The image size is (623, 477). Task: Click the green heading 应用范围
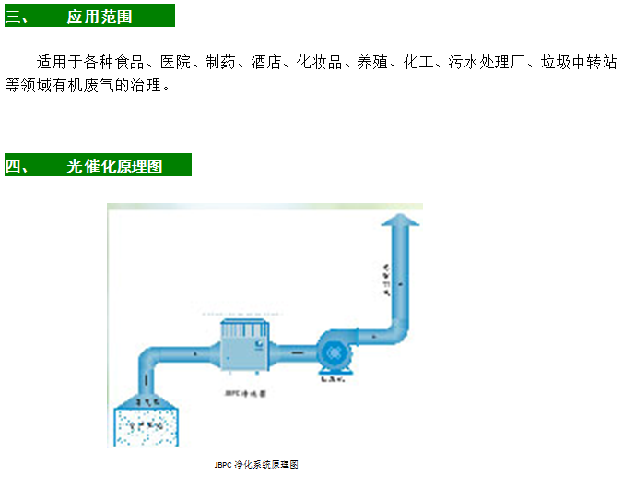[100, 17]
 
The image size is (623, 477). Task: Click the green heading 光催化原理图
[114, 166]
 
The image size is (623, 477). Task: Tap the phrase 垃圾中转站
[578, 63]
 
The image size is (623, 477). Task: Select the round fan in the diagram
[335, 352]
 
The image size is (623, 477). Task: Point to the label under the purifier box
[245, 393]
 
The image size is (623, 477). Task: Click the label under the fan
[333, 378]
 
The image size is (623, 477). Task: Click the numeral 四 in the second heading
[13, 166]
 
